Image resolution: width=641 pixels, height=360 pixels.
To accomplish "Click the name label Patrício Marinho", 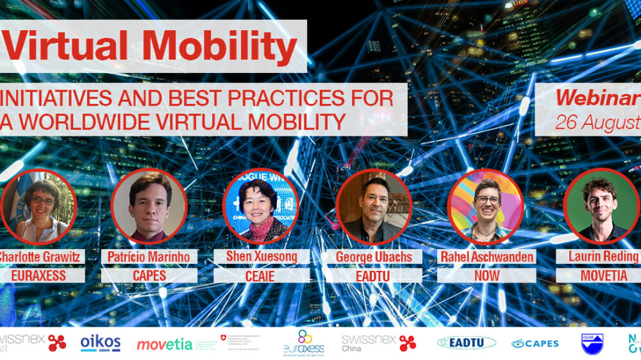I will coord(149,257).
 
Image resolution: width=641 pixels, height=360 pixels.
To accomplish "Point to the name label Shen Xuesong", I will coord(262,257).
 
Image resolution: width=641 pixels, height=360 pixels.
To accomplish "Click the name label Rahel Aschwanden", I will coord(486,257).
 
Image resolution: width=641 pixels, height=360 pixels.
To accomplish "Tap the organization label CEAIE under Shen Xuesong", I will coord(262,275).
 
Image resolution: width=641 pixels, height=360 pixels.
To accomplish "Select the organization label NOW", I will coord(486,275).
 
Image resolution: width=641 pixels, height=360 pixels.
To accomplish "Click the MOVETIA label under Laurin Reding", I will coord(597,275).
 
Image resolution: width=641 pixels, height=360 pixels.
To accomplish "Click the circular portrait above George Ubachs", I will coord(374,207).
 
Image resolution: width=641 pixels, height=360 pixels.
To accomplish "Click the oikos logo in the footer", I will coord(101,343).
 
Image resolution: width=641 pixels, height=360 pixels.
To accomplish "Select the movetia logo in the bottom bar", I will coord(164,345).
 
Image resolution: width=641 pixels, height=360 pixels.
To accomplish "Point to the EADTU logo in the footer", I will coord(467,343).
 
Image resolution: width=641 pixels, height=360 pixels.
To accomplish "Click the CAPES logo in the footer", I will coord(535,343).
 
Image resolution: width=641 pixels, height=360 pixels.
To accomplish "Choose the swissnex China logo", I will coord(379,343).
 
